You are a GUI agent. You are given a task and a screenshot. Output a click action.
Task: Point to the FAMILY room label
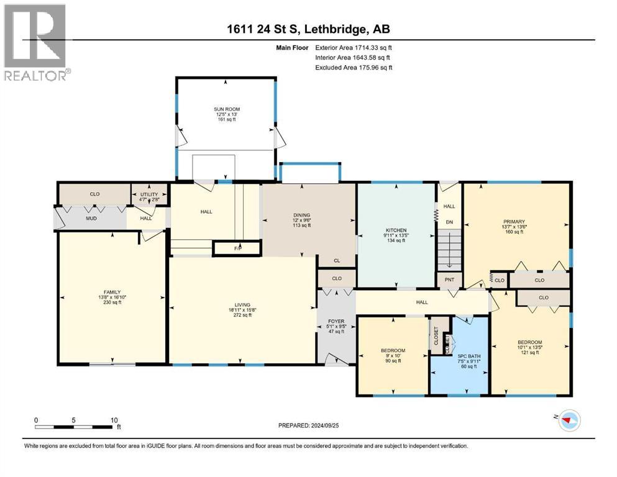click(x=112, y=292)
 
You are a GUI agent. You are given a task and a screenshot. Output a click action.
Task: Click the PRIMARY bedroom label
click(x=514, y=221)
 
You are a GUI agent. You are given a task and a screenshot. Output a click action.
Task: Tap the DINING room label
click(x=301, y=216)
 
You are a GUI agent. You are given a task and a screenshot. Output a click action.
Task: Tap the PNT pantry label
click(x=449, y=279)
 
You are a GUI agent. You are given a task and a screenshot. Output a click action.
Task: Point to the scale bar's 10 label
click(x=114, y=420)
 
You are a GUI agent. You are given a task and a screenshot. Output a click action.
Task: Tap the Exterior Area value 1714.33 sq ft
click(x=369, y=47)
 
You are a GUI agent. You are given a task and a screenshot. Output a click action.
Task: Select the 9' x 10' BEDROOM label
click(x=392, y=350)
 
